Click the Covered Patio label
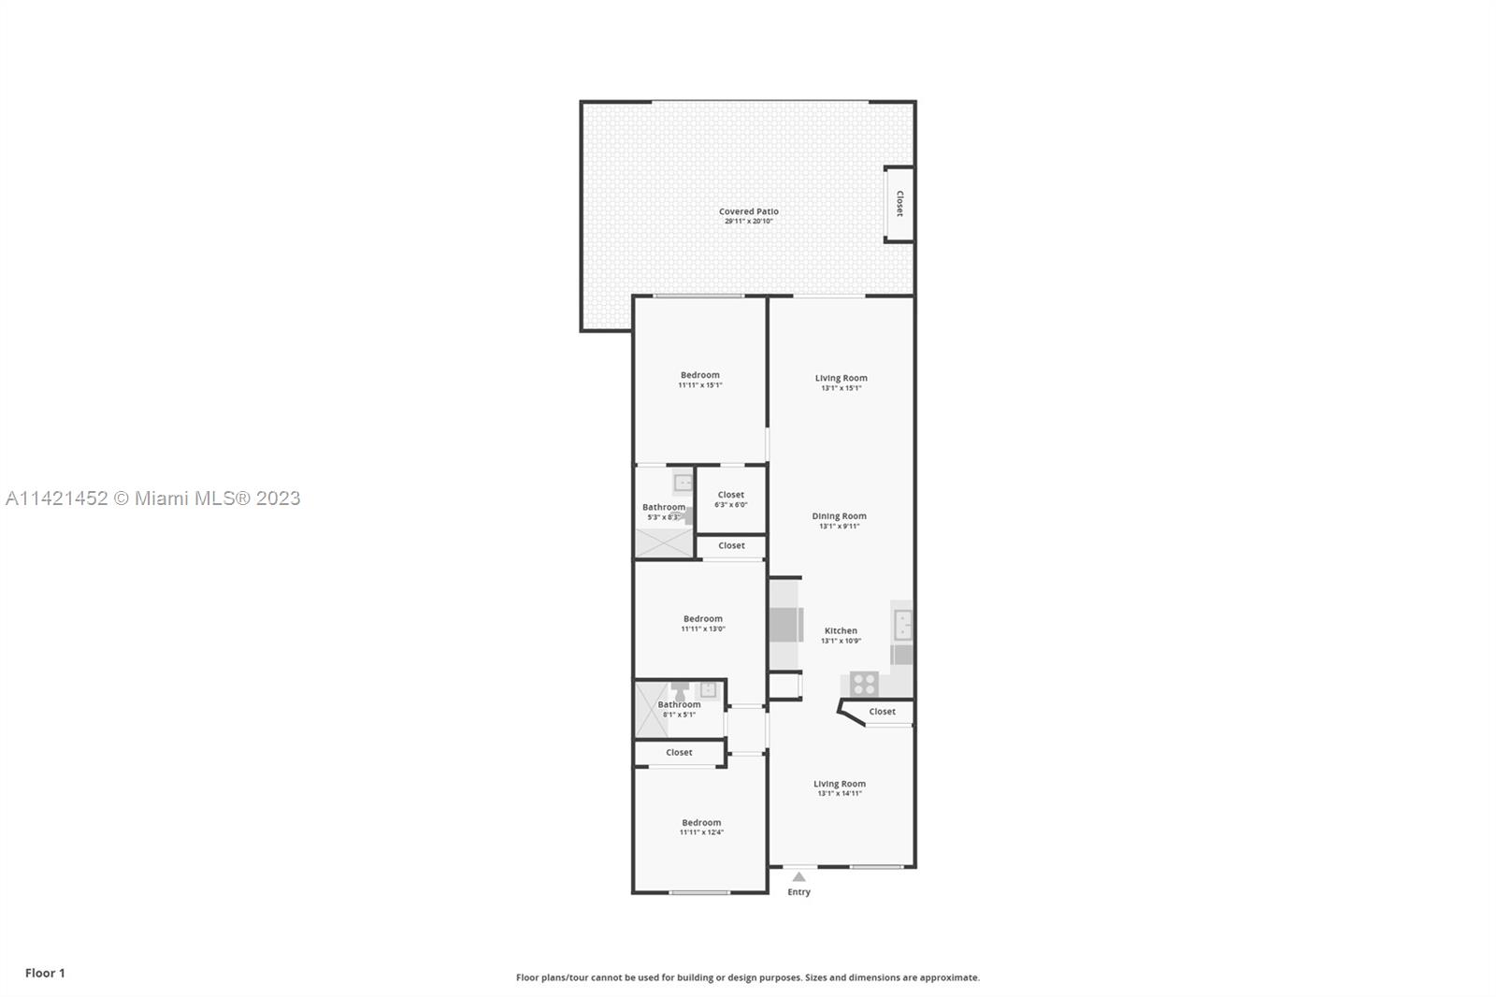749,211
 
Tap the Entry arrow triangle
798,876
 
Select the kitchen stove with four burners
864,685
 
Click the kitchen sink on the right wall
903,626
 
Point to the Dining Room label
840,516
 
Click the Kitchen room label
841,630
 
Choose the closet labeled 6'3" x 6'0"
731,499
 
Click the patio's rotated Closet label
899,203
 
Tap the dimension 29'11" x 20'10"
749,221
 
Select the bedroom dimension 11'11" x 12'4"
701,832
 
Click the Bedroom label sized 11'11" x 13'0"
702,619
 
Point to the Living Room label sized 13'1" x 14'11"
840,784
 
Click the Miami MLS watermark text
153,498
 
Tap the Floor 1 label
46,973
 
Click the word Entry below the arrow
798,892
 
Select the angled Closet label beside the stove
883,712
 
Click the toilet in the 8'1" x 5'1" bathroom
680,691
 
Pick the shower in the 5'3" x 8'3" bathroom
664,542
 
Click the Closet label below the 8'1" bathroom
679,753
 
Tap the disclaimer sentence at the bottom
748,977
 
